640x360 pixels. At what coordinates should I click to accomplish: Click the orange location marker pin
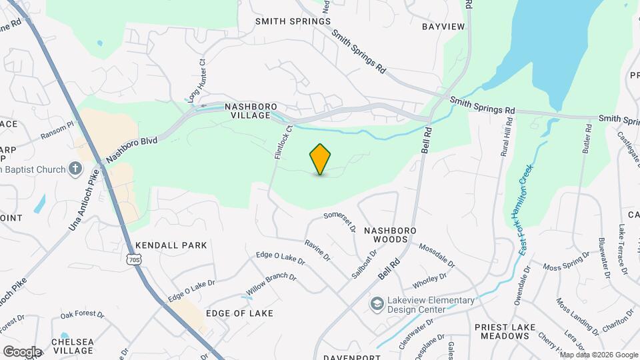(x=320, y=159)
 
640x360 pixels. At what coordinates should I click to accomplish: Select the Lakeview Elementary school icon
(x=377, y=304)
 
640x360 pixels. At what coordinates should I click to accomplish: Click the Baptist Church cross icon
(x=76, y=169)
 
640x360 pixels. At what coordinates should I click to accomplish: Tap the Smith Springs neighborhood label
(x=293, y=21)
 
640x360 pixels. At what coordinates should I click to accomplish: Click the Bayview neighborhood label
(x=443, y=27)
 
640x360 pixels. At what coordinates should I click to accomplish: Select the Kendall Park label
(x=171, y=245)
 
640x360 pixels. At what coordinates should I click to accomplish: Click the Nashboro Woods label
(x=389, y=234)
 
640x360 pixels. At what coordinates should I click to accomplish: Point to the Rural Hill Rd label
(x=507, y=137)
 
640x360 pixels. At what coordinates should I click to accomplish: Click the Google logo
(x=22, y=351)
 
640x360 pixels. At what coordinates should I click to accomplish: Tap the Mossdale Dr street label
(x=437, y=255)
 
